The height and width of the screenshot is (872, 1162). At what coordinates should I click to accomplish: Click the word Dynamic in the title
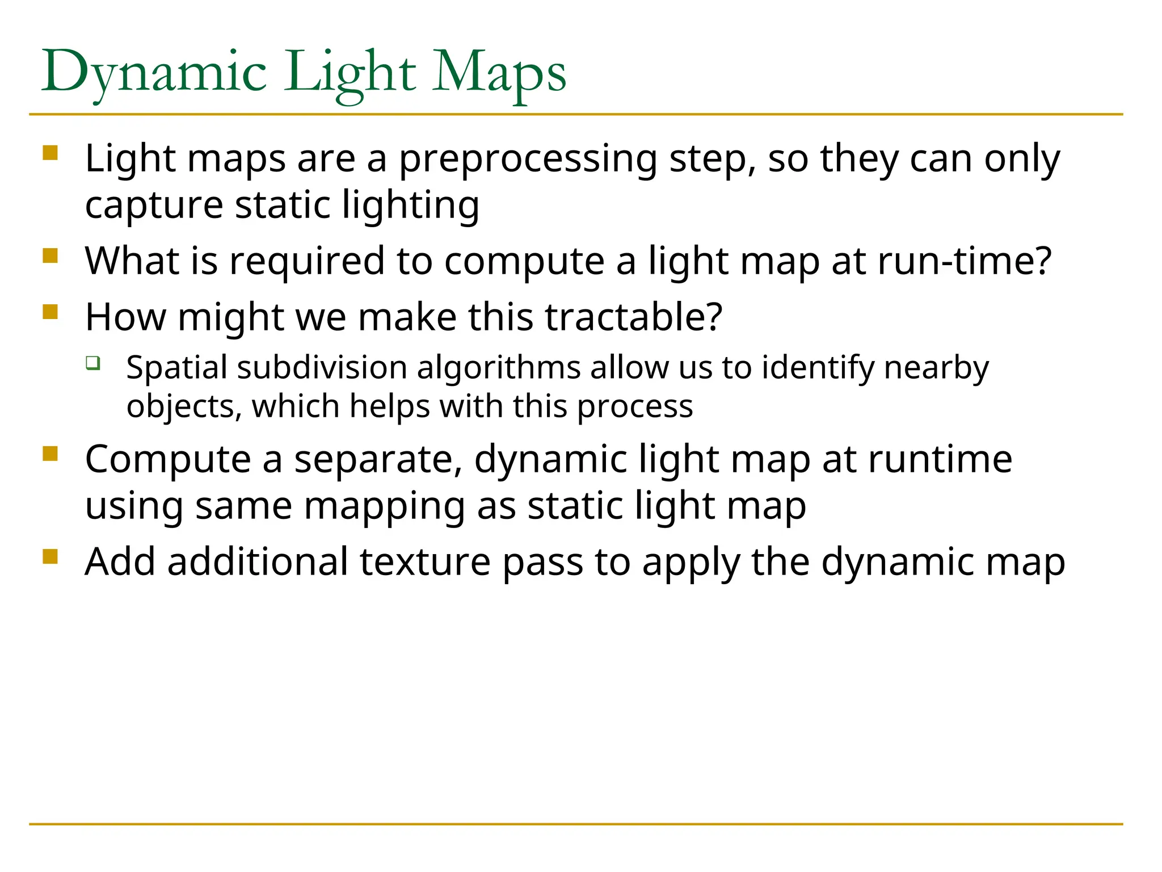[154, 73]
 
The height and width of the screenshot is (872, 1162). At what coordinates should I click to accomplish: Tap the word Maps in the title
[499, 73]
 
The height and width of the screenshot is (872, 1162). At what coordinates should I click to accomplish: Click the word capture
[154, 205]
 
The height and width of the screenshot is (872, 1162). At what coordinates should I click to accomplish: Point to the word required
[306, 262]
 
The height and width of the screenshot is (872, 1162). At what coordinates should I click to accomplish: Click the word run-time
[965, 262]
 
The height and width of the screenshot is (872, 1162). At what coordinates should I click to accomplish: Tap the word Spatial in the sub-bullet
[176, 368]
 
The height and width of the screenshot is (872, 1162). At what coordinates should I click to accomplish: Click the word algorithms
[499, 368]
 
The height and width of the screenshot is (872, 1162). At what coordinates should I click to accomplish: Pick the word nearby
[936, 368]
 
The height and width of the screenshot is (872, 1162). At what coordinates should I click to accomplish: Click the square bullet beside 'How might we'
[50, 312]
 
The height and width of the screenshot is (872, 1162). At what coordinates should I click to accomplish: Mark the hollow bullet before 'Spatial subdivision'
[93, 363]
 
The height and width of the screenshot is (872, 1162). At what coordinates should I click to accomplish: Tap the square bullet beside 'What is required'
[50, 256]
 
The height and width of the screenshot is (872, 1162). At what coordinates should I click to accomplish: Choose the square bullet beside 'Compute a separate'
[50, 454]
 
